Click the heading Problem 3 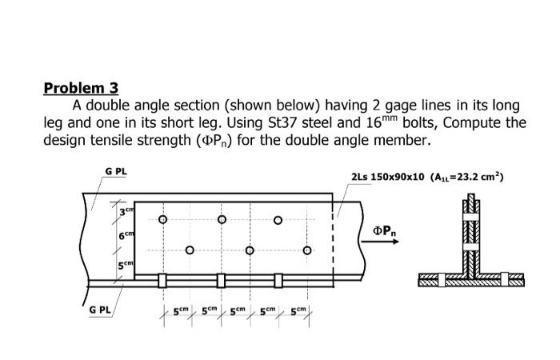coord(81,88)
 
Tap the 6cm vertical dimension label coord(126,236)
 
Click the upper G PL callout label coord(116,171)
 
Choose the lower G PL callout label coord(100,310)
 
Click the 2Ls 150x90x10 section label coord(387,177)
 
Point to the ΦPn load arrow coord(380,242)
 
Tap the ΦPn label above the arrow coord(384,231)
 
